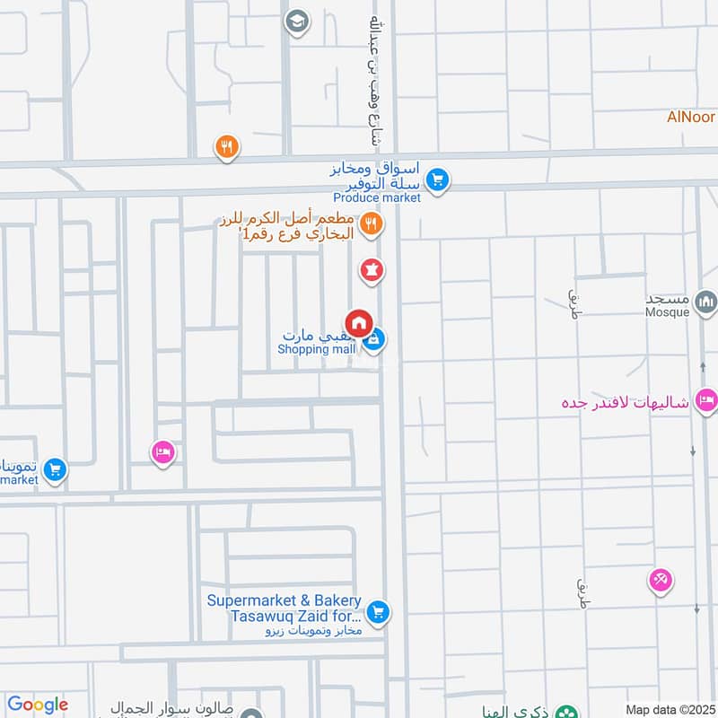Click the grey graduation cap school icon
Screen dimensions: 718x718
click(295, 22)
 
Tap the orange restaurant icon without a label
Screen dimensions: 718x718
click(227, 147)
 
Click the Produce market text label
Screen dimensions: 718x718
click(377, 197)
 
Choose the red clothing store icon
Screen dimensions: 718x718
click(372, 268)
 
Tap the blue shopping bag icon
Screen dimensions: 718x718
click(375, 339)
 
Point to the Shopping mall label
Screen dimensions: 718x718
click(317, 349)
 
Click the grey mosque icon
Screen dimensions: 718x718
click(706, 302)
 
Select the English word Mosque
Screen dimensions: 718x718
click(666, 313)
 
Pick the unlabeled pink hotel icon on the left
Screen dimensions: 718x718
click(162, 452)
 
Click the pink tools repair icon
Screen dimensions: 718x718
click(661, 581)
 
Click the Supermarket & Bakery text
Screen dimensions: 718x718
click(284, 600)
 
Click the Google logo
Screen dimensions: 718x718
click(38, 705)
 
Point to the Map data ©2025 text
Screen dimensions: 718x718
click(668, 709)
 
